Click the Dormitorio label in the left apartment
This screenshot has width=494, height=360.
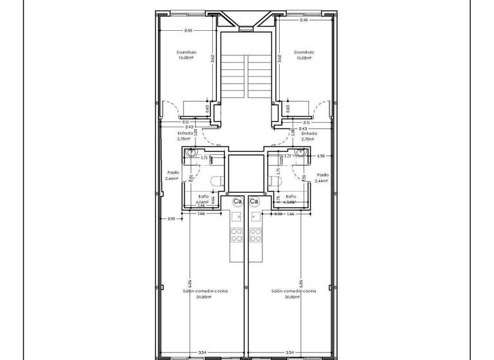tap(187, 52)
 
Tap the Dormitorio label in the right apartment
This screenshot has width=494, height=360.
tap(304, 52)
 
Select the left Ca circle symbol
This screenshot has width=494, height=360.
tap(237, 201)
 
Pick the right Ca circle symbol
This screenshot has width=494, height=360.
tap(253, 201)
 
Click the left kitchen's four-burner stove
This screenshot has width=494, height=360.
tap(236, 237)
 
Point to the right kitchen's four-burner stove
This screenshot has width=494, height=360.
tap(255, 237)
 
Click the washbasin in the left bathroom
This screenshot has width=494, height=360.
tap(190, 154)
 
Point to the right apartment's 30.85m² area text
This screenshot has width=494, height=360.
tap(294, 297)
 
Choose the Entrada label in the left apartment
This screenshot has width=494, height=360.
tap(185, 134)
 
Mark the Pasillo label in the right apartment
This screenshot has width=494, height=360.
tap(323, 174)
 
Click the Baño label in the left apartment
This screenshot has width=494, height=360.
tap(202, 196)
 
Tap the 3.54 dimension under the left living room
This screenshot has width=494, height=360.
tap(202, 352)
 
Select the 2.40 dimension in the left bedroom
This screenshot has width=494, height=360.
tap(188, 30)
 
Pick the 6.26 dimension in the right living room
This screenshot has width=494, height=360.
tap(300, 283)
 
